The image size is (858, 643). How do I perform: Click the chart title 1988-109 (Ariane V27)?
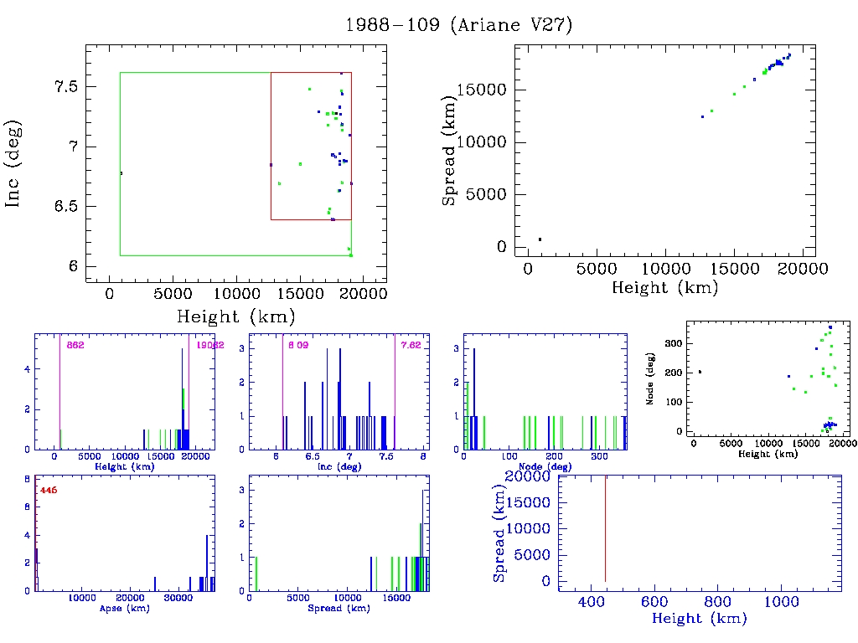[x=458, y=25]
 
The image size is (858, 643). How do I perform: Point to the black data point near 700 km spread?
[x=540, y=239]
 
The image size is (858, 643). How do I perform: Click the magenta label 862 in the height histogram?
[x=75, y=345]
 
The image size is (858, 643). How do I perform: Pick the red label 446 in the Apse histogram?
[x=48, y=490]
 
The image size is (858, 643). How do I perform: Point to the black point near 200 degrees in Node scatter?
[x=700, y=372]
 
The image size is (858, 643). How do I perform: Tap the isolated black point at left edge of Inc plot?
[x=121, y=173]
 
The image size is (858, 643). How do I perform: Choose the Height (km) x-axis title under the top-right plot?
[x=665, y=288]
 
